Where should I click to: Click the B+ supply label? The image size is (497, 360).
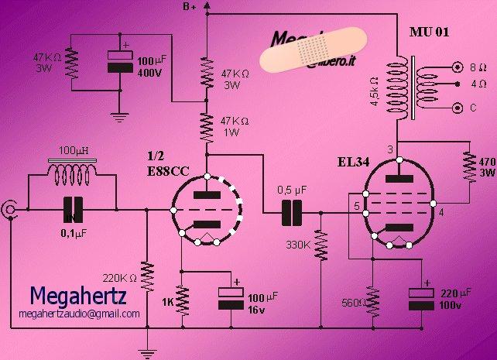click(189, 7)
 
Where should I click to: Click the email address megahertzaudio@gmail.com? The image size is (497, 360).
click(80, 314)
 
